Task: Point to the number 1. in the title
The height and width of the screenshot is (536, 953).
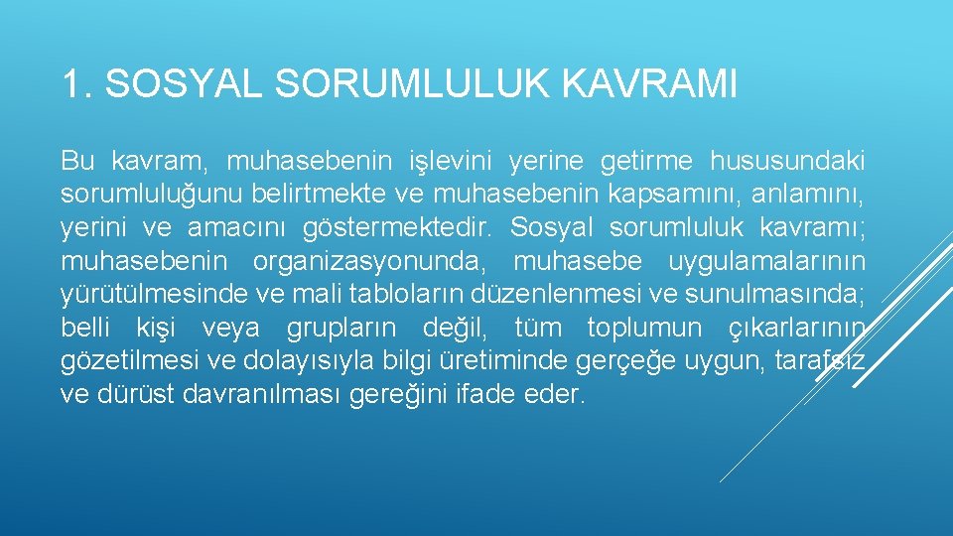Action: pyautogui.click(x=76, y=84)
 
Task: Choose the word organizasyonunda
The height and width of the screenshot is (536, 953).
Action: pyautogui.click(x=366, y=261)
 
